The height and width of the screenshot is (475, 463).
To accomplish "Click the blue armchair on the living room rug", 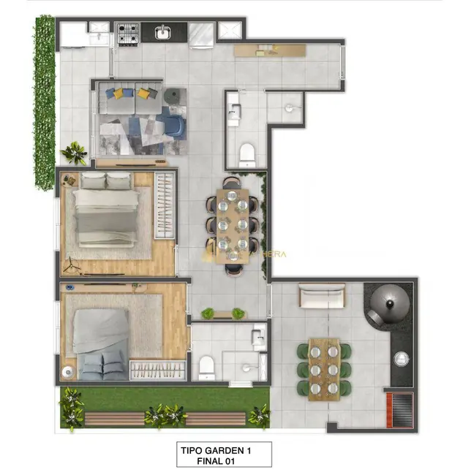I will tap(173, 125).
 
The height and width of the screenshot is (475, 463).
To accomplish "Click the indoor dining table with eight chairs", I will tap(233, 224).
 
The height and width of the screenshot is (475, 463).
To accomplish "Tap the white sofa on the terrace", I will tap(322, 297).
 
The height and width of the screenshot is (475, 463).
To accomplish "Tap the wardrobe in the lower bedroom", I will tap(157, 370).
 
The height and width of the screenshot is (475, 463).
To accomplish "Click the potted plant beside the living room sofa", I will tap(74, 153).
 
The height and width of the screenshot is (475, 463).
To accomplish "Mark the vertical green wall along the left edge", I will tap(45, 91).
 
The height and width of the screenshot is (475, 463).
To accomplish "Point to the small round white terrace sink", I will tap(402, 359).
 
